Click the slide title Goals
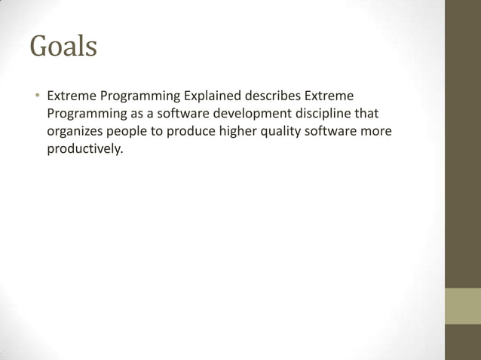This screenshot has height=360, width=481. point(63,47)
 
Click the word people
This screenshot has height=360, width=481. point(128,133)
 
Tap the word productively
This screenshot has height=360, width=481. point(84,149)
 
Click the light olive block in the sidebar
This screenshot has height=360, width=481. point(462,306)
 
